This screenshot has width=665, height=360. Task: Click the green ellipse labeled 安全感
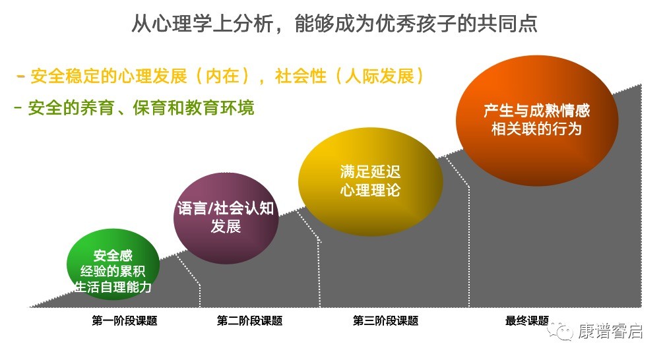(x=113, y=264)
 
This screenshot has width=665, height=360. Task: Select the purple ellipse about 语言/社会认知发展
(x=226, y=218)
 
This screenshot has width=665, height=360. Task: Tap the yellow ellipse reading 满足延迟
(x=370, y=181)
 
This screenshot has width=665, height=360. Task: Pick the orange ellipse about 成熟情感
(x=536, y=121)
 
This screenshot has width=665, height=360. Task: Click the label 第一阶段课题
(x=125, y=320)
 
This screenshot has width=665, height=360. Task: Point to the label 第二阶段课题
(x=250, y=320)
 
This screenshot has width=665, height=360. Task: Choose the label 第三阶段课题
(x=385, y=320)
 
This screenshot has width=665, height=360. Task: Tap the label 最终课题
(x=526, y=320)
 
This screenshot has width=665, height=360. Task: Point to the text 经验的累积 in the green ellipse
(x=113, y=271)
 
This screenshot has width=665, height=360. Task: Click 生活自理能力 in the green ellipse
(x=113, y=287)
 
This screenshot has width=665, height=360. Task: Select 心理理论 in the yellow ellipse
(x=370, y=190)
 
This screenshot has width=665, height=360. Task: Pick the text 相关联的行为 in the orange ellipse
(x=536, y=129)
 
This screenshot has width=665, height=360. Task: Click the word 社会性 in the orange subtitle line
(x=301, y=76)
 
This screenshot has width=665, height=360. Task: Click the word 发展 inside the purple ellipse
(x=226, y=226)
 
